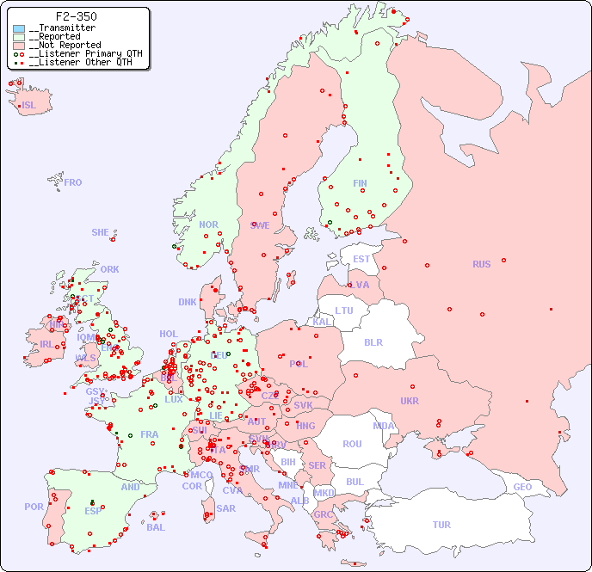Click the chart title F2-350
[76, 16]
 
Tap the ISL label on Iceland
[29, 106]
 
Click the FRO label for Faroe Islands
[73, 182]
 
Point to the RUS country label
[481, 264]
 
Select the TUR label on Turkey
[441, 525]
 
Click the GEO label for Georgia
[522, 487]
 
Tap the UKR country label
[410, 401]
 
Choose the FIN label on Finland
[360, 183]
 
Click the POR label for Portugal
[34, 507]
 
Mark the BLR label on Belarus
[373, 341]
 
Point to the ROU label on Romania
[352, 444]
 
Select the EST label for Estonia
[361, 259]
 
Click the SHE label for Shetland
[101, 232]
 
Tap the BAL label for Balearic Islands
[156, 527]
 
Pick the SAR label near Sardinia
[225, 508]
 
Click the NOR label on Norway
[208, 224]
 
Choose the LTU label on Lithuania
[344, 311]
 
